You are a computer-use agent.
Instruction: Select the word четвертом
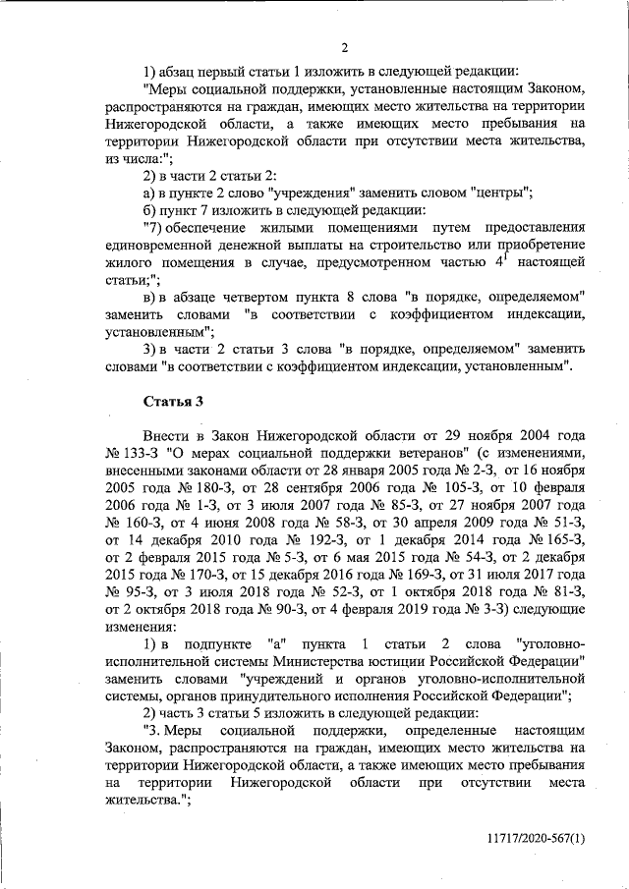[x=259, y=297]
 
